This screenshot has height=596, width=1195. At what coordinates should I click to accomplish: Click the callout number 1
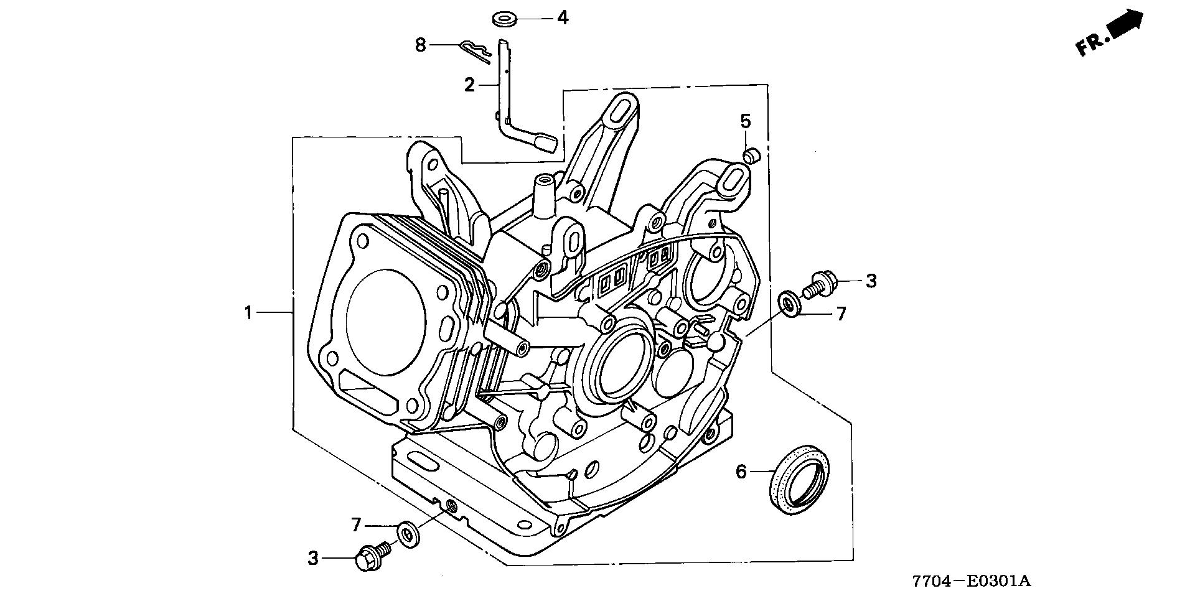(248, 312)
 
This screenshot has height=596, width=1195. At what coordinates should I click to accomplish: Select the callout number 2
(470, 85)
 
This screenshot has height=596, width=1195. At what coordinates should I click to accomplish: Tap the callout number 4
(562, 17)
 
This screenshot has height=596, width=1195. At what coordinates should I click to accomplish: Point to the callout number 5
(746, 120)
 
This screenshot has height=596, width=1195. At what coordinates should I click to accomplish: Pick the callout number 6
(741, 472)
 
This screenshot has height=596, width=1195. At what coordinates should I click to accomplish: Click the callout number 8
(421, 45)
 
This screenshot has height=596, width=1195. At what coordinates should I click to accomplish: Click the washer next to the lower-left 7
(408, 534)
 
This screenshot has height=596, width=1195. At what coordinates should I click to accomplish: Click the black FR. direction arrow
(1127, 26)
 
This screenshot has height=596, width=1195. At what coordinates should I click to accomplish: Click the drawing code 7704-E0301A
(972, 581)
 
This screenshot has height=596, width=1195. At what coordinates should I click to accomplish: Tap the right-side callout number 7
(841, 314)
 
